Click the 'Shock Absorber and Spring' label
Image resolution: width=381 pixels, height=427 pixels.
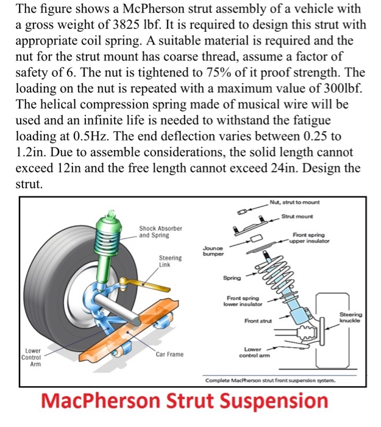pyautogui.click(x=160, y=231)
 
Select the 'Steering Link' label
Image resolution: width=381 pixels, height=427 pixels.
pyautogui.click(x=169, y=261)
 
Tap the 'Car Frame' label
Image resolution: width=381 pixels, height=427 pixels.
pyautogui.click(x=169, y=354)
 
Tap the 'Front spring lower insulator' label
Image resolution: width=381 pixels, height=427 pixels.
pyautogui.click(x=244, y=301)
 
